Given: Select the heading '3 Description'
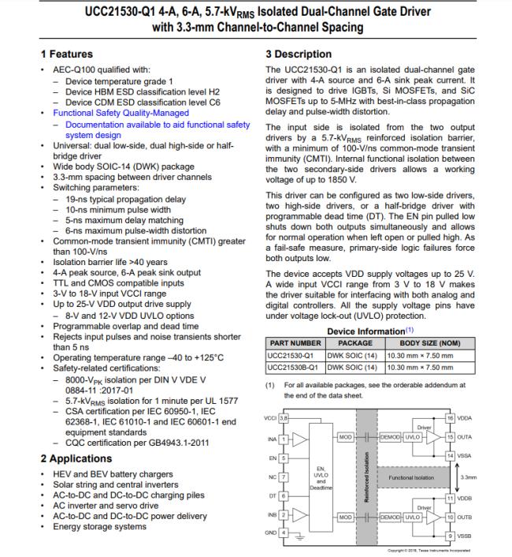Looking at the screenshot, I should (x=299, y=54).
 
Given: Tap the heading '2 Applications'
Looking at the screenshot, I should (x=76, y=458).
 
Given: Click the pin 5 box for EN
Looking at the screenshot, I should (x=284, y=457).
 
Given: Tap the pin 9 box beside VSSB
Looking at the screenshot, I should (x=450, y=536).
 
